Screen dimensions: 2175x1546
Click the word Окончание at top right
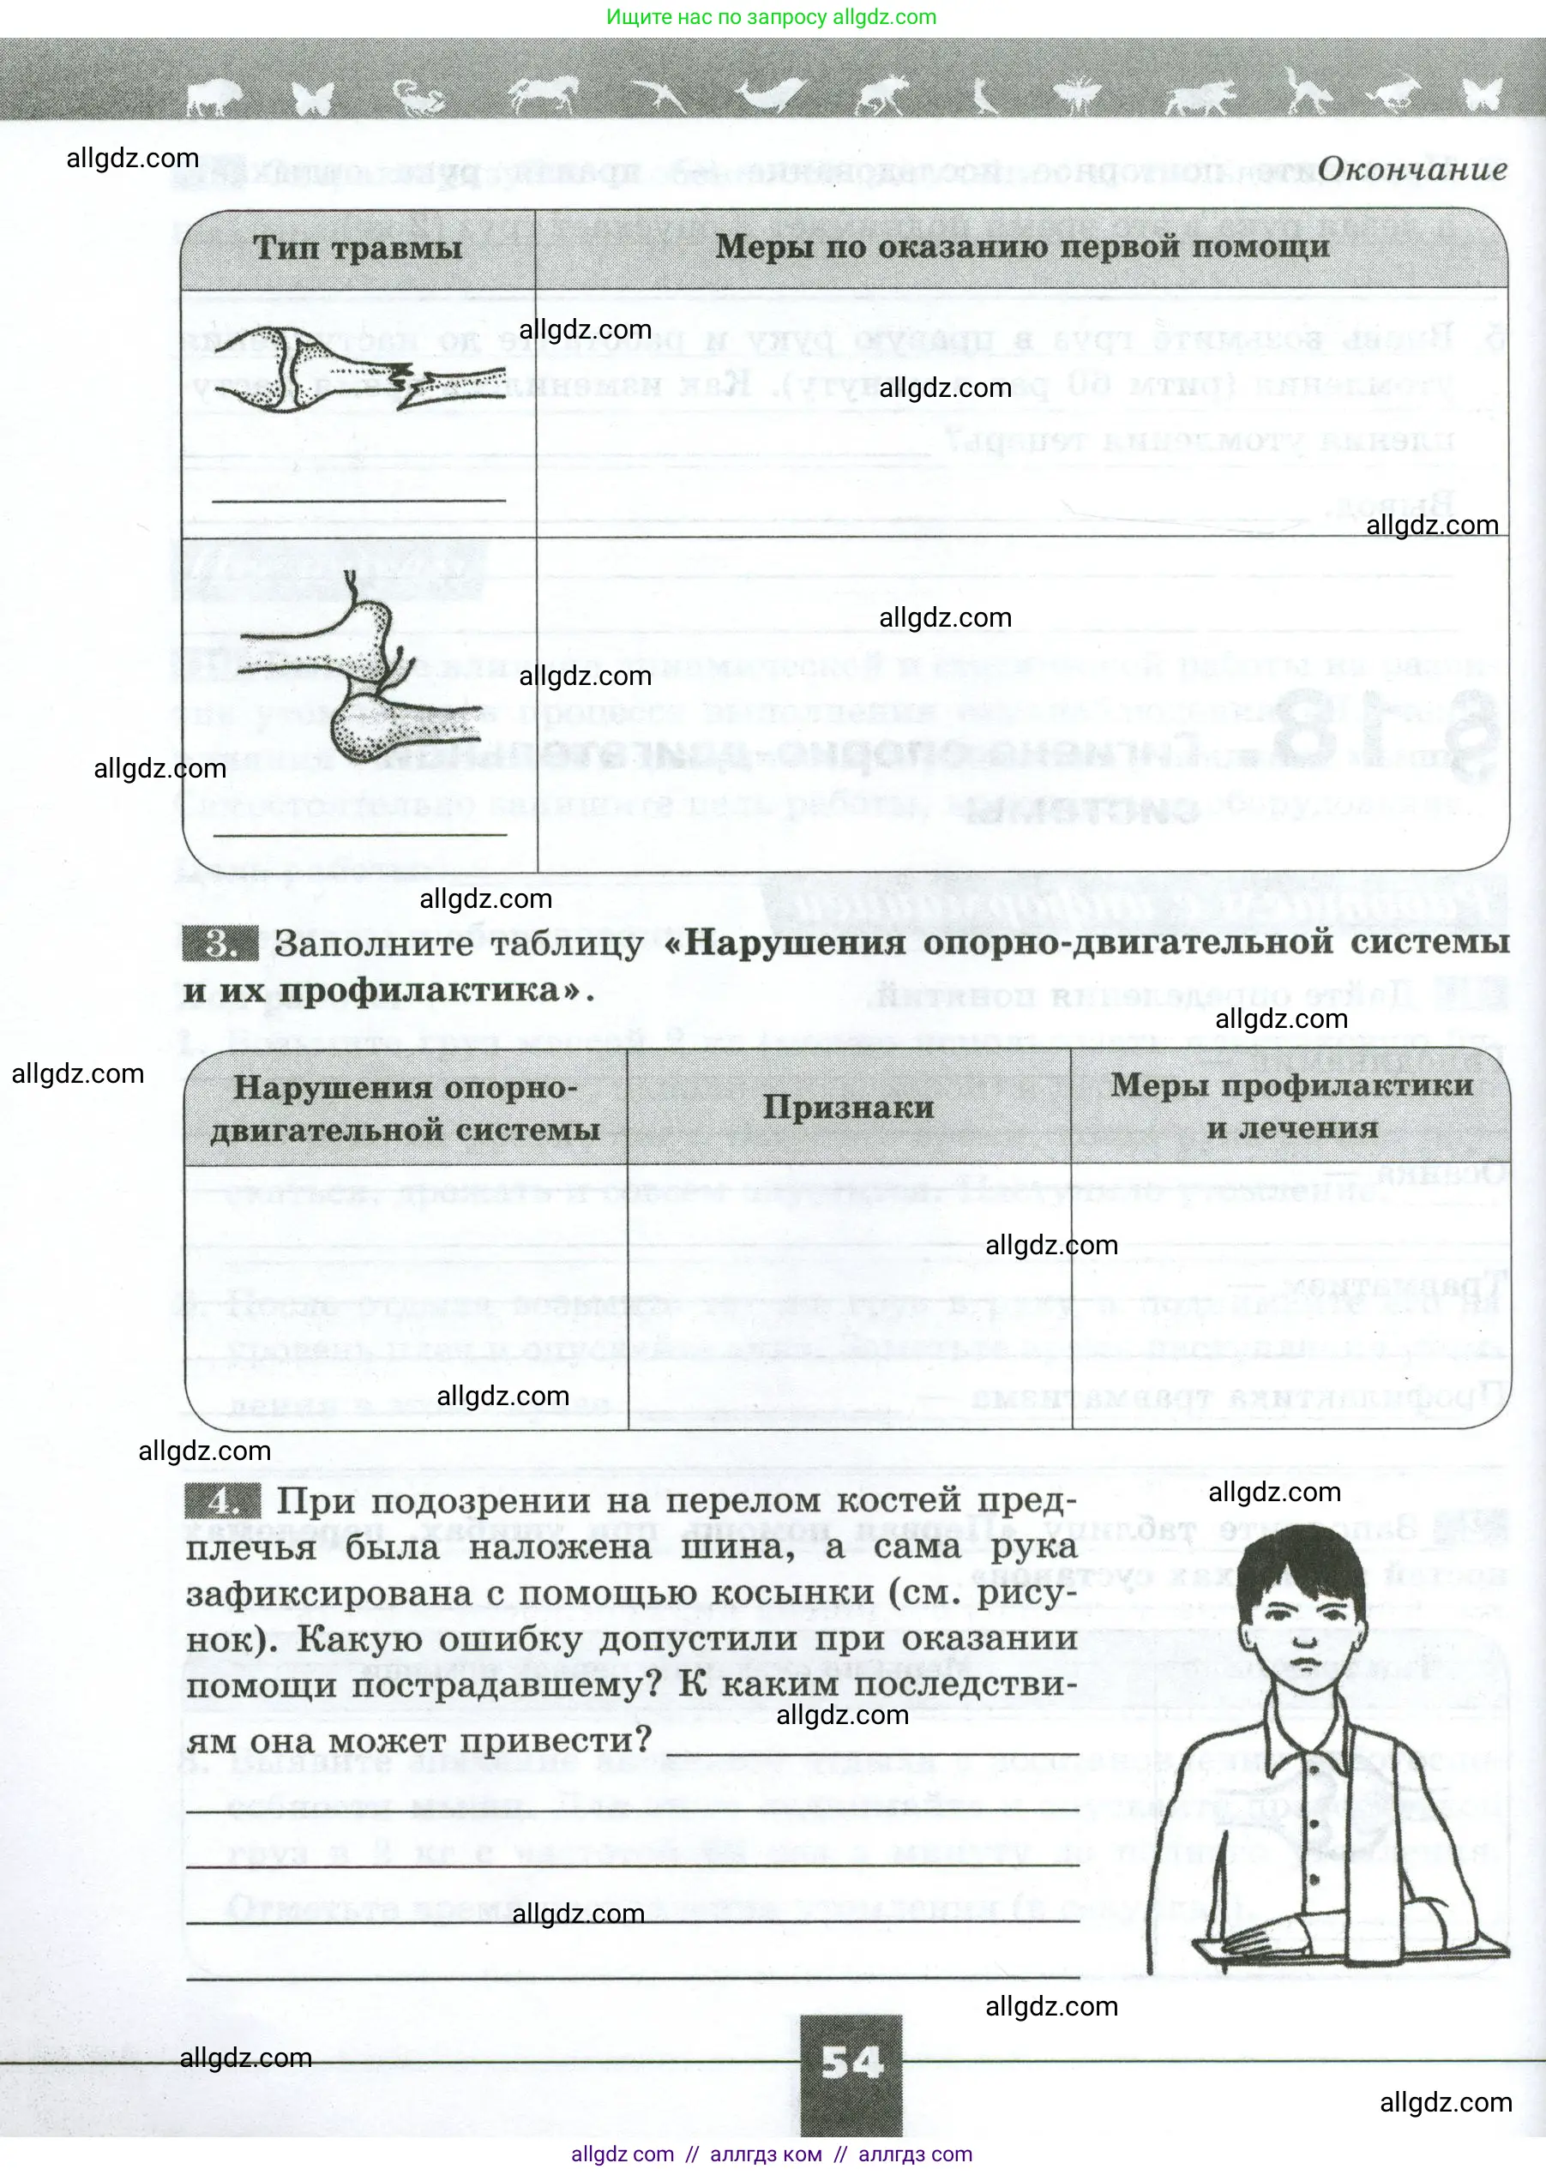point(1411,170)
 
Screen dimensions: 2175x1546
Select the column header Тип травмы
point(357,249)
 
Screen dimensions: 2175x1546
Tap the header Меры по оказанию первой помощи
point(1021,247)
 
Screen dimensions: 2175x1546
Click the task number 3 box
point(220,943)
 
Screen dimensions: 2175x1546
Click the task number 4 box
point(223,1501)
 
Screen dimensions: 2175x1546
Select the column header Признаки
point(847,1107)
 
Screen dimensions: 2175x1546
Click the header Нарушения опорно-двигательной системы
point(406,1108)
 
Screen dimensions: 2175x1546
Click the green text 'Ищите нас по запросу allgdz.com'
point(771,17)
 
